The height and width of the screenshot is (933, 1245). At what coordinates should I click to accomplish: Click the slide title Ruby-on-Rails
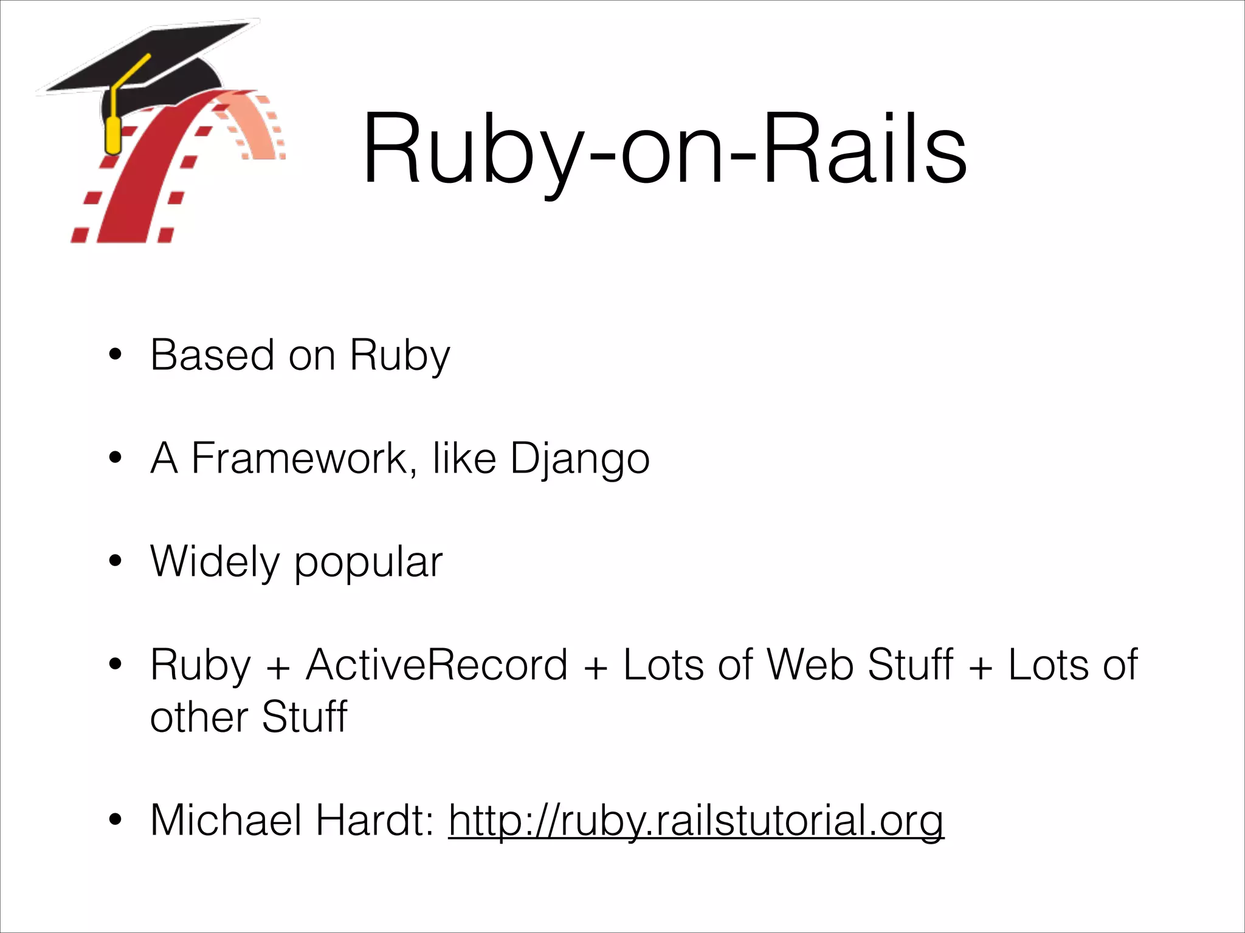click(x=664, y=149)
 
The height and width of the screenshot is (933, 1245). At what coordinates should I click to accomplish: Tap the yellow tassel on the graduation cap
click(x=113, y=135)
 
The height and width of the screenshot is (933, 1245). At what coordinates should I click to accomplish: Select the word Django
click(x=579, y=458)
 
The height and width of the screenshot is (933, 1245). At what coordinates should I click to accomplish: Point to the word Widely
click(x=215, y=561)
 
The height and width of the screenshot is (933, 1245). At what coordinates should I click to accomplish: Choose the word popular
click(x=368, y=562)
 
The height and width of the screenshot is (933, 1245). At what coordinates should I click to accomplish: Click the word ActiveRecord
click(x=436, y=665)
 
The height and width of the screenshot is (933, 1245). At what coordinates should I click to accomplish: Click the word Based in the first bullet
click(x=212, y=355)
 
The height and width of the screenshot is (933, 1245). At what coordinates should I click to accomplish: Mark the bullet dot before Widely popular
click(x=116, y=561)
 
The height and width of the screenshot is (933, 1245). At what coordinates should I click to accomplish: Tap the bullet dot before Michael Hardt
click(x=116, y=821)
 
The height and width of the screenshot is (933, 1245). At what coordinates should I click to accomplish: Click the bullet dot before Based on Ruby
click(x=116, y=355)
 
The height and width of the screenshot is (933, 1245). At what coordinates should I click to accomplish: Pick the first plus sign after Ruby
click(x=278, y=667)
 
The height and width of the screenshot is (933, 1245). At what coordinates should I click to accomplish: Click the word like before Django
click(x=464, y=458)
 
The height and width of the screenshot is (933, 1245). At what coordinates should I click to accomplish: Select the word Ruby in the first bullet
click(x=399, y=356)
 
